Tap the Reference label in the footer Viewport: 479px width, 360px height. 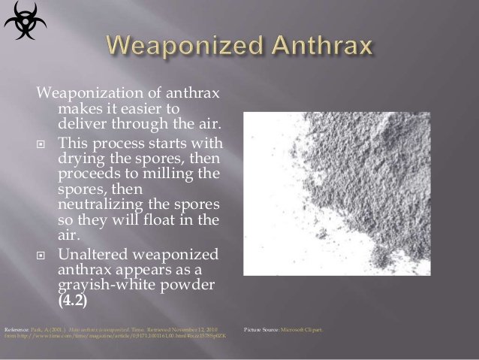17,329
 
